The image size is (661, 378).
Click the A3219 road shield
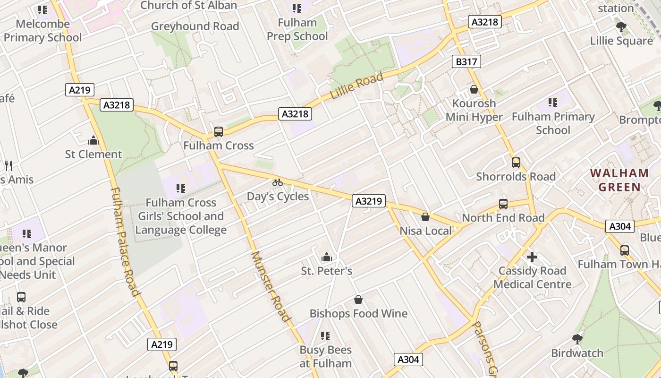[368, 201]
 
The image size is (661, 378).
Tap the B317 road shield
[466, 61]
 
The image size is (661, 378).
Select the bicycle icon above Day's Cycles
[278, 182]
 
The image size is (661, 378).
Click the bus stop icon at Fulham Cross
[218, 132]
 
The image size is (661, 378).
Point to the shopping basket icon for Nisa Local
[425, 217]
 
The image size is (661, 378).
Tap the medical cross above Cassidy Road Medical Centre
[532, 257]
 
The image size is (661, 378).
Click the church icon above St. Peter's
[326, 258]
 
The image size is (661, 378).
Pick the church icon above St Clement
[93, 140]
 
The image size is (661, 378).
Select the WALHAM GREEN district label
[619, 180]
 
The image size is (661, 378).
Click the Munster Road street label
[270, 286]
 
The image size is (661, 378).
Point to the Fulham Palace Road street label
[125, 241]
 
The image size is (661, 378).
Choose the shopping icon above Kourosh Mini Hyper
[474, 89]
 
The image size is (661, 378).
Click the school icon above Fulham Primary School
[553, 103]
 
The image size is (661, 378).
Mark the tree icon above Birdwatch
[577, 339]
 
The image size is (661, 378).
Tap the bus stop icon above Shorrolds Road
[516, 163]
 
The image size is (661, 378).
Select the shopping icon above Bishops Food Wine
[358, 300]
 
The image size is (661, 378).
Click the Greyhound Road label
[195, 26]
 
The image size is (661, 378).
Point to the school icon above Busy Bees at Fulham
[325, 336]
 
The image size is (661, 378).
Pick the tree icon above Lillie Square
[621, 27]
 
